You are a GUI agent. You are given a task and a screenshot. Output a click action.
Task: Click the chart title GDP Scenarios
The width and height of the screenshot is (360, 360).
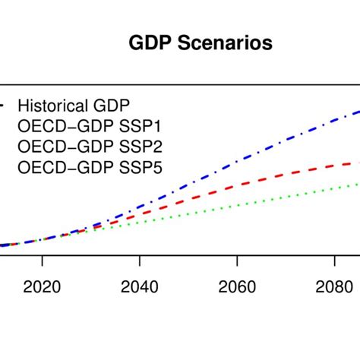(200, 44)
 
